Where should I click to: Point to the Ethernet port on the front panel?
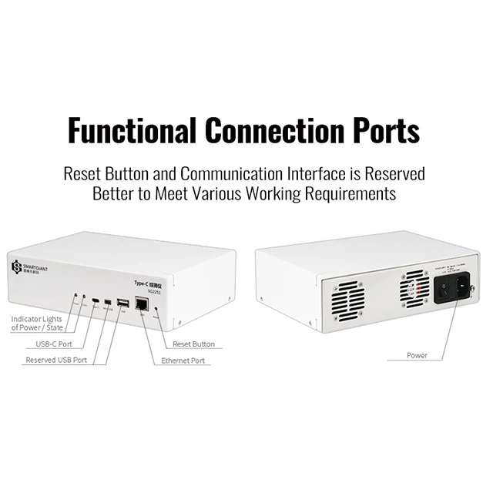pos(142,304)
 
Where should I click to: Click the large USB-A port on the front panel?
pos(122,301)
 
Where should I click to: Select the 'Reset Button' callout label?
pos(193,344)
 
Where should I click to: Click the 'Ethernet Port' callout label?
pos(183,361)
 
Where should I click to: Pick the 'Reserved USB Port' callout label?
pos(56,360)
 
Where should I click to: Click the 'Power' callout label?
pos(417,355)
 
